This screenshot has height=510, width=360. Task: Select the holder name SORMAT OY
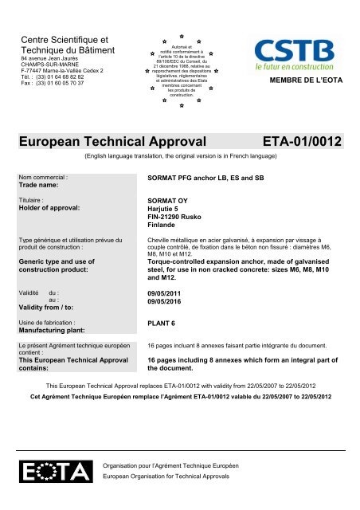[169, 202]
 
